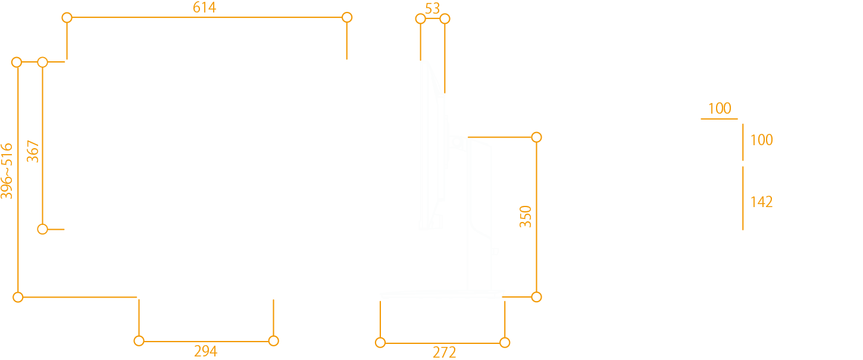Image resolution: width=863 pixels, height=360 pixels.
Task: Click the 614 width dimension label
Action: tap(204, 8)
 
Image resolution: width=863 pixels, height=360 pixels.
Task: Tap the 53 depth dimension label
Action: tap(433, 8)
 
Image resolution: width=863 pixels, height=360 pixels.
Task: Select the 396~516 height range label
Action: tap(7, 170)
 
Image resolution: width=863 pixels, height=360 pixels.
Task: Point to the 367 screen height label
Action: tap(33, 152)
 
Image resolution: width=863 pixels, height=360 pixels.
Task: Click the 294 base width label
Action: tap(206, 351)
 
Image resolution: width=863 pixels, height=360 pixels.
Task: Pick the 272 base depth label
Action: tap(444, 352)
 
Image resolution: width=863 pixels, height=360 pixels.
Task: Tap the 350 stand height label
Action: tap(526, 217)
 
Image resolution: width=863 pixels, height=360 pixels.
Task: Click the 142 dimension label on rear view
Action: tap(761, 202)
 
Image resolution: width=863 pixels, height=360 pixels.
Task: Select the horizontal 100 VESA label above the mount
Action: tap(720, 108)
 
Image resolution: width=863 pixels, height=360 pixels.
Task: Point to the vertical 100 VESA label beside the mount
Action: tap(761, 140)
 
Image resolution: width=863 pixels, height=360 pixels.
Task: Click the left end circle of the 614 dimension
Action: tap(67, 18)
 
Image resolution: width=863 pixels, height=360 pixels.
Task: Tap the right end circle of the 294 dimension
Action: tap(273, 341)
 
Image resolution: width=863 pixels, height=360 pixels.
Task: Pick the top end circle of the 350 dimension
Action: tap(536, 137)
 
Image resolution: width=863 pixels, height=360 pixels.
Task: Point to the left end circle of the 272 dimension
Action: tap(380, 342)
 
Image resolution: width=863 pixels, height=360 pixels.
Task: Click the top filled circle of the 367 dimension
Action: tap(43, 62)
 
